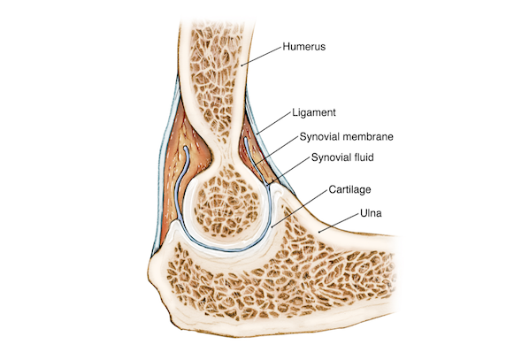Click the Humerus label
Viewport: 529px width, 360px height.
[x=304, y=46]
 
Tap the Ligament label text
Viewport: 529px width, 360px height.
[x=314, y=112]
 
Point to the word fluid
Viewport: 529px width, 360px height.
[x=363, y=157]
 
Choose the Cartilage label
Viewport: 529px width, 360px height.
[x=349, y=189]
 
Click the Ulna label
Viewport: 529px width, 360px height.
[x=371, y=213]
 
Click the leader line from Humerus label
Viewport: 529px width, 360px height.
[x=262, y=56]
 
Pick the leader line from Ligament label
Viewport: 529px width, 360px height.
[x=273, y=123]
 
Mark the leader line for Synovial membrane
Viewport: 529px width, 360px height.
[x=277, y=150]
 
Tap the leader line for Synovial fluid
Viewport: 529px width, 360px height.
[x=288, y=171]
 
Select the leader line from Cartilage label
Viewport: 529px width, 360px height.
[x=300, y=208]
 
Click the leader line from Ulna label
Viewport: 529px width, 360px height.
[x=339, y=223]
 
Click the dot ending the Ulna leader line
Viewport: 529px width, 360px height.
[x=319, y=232]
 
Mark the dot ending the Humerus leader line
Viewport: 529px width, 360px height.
[x=241, y=65]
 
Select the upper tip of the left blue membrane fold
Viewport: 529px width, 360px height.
[x=185, y=148]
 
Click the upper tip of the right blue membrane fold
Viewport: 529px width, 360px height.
[x=246, y=138]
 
